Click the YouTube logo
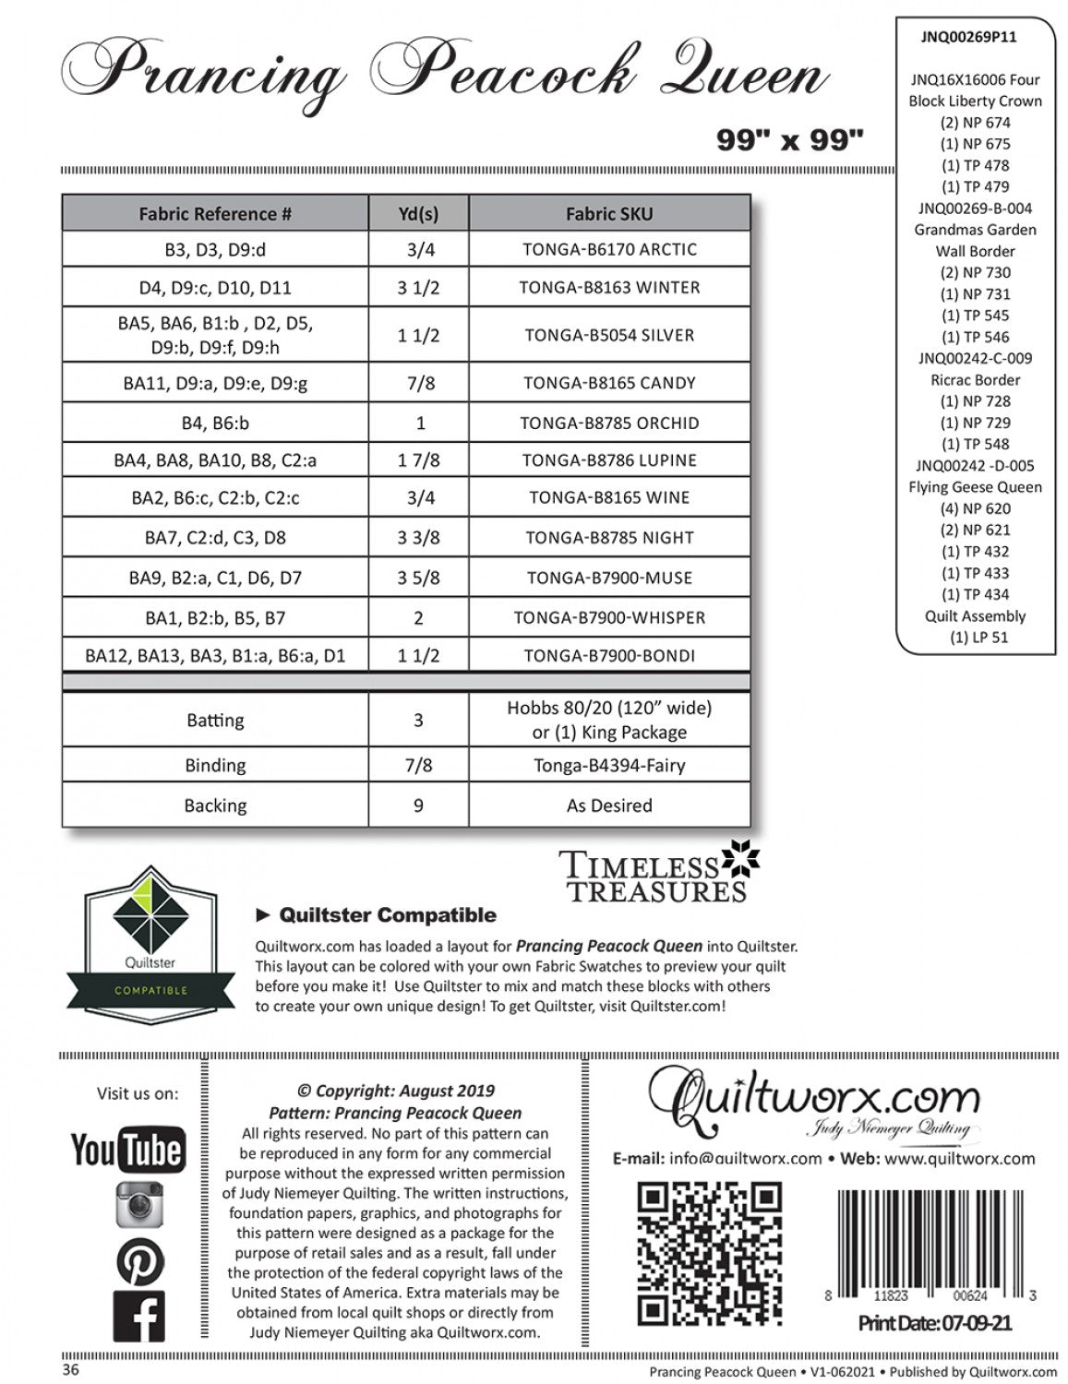[127, 1150]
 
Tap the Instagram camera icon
[139, 1204]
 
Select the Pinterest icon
[139, 1261]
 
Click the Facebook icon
[139, 1316]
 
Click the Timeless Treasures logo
[658, 872]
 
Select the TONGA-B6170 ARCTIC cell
[609, 249]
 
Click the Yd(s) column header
[418, 214]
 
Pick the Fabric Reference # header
[215, 214]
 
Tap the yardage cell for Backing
[418, 805]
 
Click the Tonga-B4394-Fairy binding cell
[609, 765]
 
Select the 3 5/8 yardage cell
[418, 579]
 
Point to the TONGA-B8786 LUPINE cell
[609, 460]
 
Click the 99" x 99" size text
[789, 139]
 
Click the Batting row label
[215, 720]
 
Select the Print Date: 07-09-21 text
[934, 1324]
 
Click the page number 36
[71, 1369]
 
